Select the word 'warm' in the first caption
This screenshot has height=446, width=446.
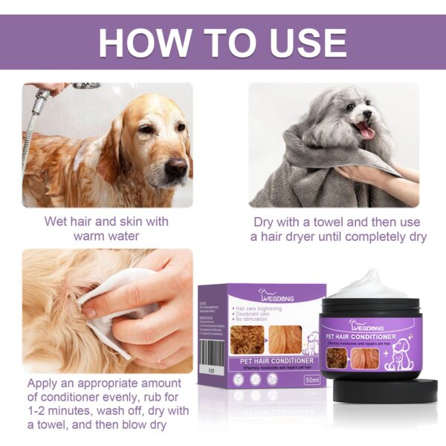94,237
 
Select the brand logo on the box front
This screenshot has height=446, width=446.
276,295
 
